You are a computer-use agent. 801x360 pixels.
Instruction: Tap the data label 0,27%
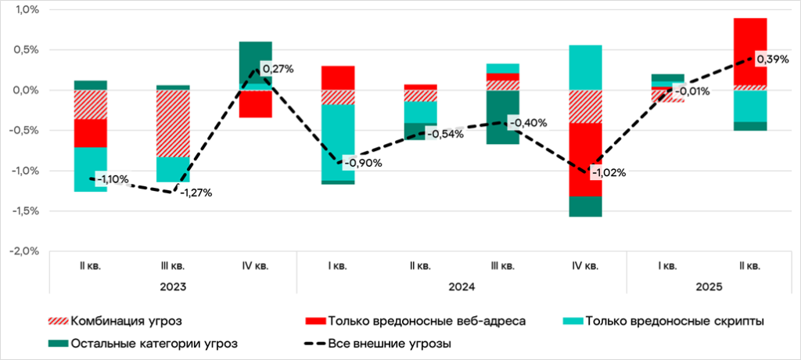(x=278, y=69)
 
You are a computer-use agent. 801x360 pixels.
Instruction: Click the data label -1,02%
(x=609, y=173)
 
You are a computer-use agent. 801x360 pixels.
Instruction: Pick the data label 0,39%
(x=771, y=59)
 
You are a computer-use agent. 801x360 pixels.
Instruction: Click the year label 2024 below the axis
(x=462, y=286)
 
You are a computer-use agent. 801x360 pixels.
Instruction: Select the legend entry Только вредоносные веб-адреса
(x=415, y=321)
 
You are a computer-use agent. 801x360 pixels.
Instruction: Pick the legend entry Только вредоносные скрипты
(x=662, y=321)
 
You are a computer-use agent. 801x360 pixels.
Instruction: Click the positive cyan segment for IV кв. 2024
(x=585, y=67)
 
